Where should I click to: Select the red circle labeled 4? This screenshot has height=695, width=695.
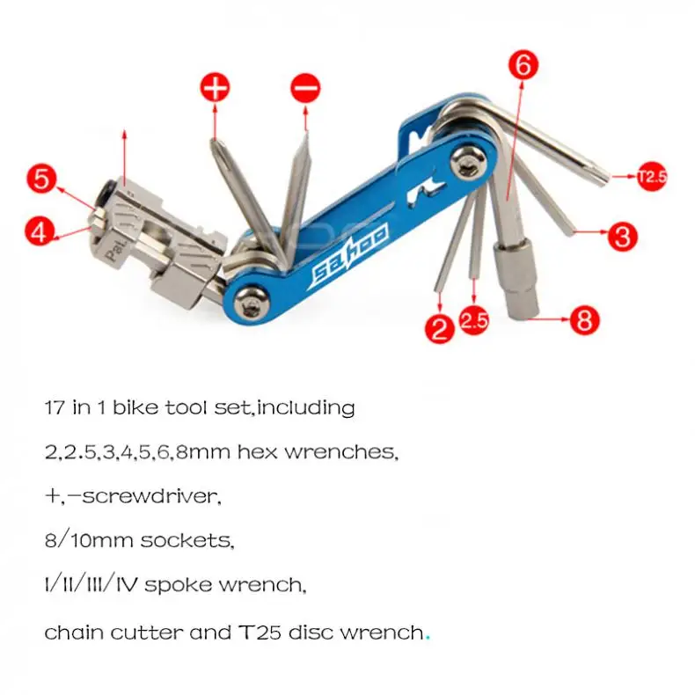pyautogui.click(x=36, y=233)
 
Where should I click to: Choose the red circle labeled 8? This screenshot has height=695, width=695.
pyautogui.click(x=584, y=319)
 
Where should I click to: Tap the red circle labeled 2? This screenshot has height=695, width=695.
pyautogui.click(x=439, y=329)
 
